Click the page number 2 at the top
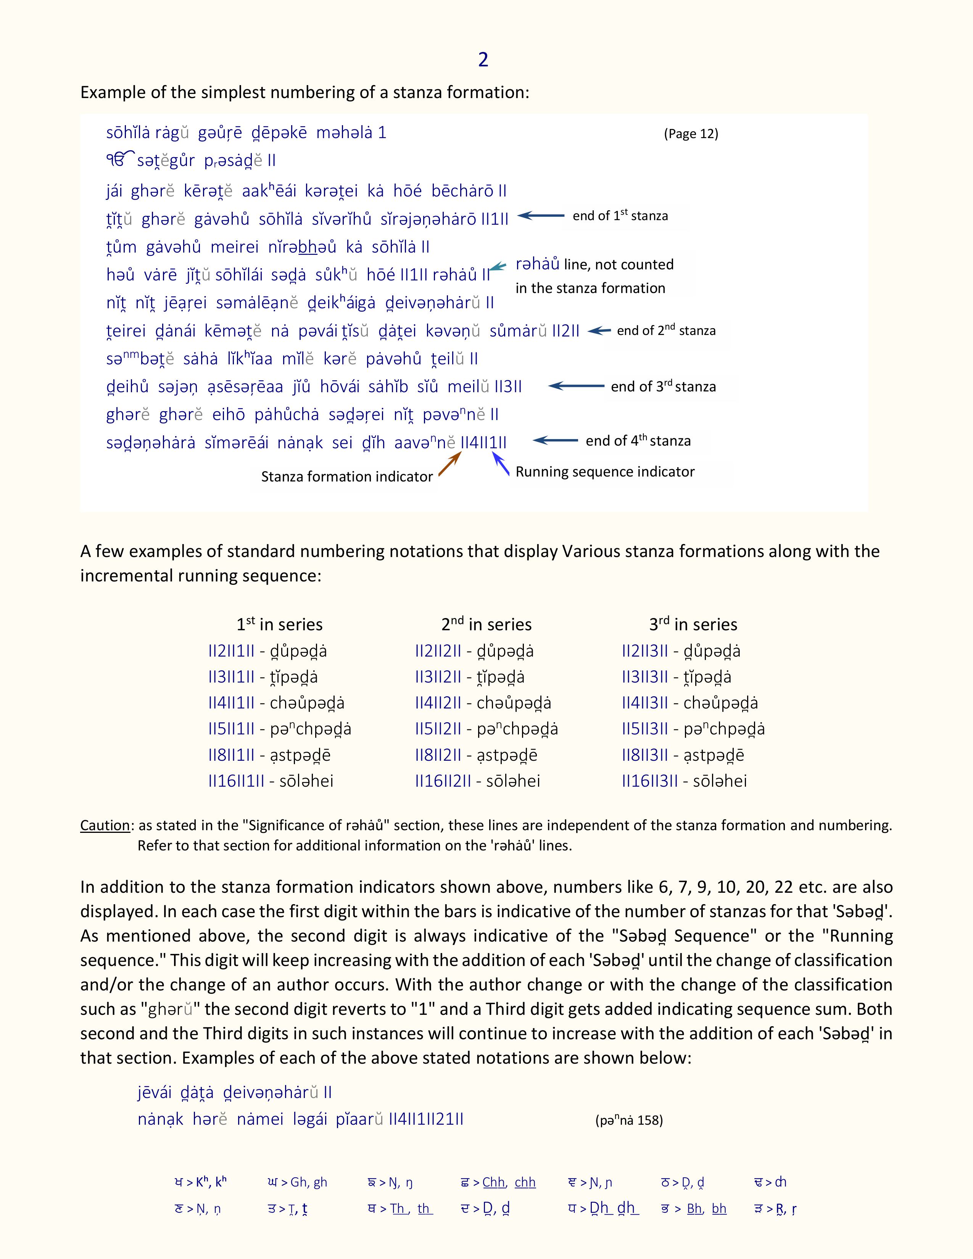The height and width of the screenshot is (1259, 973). [483, 60]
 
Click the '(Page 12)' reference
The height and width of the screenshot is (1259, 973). [691, 134]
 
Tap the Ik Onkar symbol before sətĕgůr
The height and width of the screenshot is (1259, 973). [120, 160]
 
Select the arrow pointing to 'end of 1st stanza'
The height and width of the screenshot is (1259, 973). [541, 216]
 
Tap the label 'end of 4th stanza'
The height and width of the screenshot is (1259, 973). [638, 441]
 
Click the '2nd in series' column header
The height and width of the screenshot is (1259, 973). [486, 624]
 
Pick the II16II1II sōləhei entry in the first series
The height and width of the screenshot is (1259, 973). [271, 781]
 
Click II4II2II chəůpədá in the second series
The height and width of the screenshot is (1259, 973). [482, 703]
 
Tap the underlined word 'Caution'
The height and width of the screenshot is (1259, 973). [105, 826]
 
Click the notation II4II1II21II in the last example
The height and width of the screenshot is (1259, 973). [426, 1119]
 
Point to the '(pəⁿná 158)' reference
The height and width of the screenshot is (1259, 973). [628, 1120]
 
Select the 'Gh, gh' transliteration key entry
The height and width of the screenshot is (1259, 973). [298, 1182]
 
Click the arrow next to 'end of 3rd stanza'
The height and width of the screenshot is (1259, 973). [576, 386]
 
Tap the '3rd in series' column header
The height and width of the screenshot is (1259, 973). [693, 624]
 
